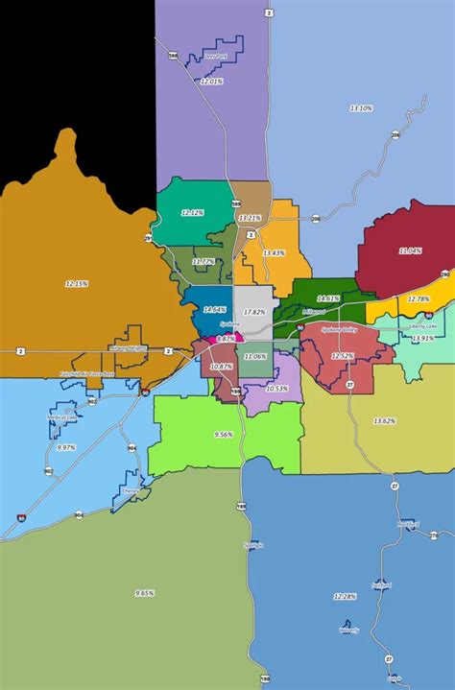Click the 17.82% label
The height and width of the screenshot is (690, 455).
point(254,312)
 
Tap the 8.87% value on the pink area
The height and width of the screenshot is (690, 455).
point(226,339)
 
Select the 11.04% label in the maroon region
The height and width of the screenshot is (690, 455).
point(410,250)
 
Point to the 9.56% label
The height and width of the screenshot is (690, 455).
point(224,434)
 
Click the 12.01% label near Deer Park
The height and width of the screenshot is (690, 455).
point(211,82)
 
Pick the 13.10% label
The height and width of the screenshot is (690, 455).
point(361,108)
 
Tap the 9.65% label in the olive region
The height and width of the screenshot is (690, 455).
point(145,592)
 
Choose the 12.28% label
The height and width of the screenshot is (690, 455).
point(345,596)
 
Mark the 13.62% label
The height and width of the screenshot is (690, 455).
point(385,420)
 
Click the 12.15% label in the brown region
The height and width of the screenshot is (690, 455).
point(77,283)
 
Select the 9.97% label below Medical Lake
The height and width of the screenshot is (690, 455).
point(66,447)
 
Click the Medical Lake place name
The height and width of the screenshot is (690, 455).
point(62,417)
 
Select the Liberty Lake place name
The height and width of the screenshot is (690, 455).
point(422,325)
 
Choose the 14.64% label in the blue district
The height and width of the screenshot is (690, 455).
point(214,309)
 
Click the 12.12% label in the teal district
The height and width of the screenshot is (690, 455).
point(192,211)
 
